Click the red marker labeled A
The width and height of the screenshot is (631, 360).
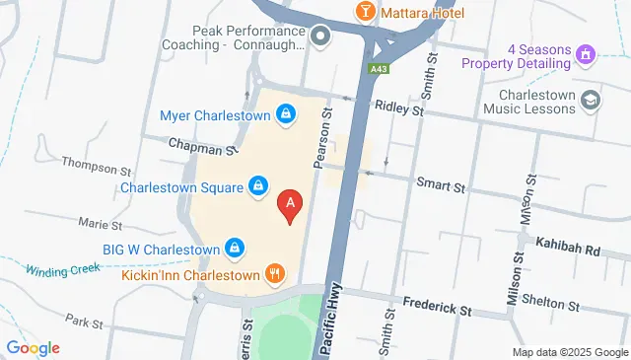(x=290, y=203)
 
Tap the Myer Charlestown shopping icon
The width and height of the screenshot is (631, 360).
(x=286, y=114)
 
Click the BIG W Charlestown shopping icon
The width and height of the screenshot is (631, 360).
(x=235, y=248)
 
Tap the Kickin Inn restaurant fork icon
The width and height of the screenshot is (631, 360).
(x=274, y=274)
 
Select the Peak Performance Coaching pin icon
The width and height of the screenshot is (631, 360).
(x=319, y=37)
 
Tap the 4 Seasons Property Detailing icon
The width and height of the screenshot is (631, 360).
(x=586, y=52)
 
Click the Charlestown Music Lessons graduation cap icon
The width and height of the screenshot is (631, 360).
(x=590, y=99)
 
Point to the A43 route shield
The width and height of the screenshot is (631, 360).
(x=379, y=69)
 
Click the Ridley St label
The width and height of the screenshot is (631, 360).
(x=397, y=110)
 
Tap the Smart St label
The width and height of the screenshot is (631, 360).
(x=440, y=184)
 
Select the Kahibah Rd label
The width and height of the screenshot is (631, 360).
(x=567, y=250)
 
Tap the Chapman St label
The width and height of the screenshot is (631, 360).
(x=203, y=147)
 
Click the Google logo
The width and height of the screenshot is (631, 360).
(x=33, y=347)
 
